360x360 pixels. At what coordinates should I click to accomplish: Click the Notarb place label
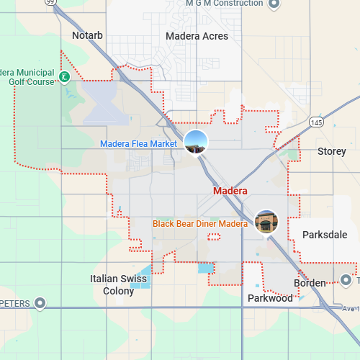[x=87, y=35]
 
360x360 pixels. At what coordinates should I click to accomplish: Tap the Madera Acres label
[x=197, y=36]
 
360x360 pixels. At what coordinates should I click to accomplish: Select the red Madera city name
[x=230, y=192]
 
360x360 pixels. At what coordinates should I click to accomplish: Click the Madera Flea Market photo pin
[x=196, y=142]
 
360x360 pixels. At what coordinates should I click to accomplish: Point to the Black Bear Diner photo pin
[x=266, y=221]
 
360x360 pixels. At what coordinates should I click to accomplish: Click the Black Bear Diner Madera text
[x=200, y=224]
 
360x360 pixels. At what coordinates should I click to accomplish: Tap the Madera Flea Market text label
[x=138, y=144]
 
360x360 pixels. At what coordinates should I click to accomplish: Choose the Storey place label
[x=332, y=152]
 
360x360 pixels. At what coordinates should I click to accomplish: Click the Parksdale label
[x=325, y=235]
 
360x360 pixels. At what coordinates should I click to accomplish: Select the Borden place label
[x=310, y=283]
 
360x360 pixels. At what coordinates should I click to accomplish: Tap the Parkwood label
[x=270, y=298]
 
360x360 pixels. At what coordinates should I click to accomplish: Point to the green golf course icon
[x=65, y=76]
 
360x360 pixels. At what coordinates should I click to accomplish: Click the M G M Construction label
[x=224, y=4]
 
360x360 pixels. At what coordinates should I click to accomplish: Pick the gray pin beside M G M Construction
[x=274, y=4]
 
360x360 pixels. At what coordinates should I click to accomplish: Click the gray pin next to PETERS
[x=40, y=303]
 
